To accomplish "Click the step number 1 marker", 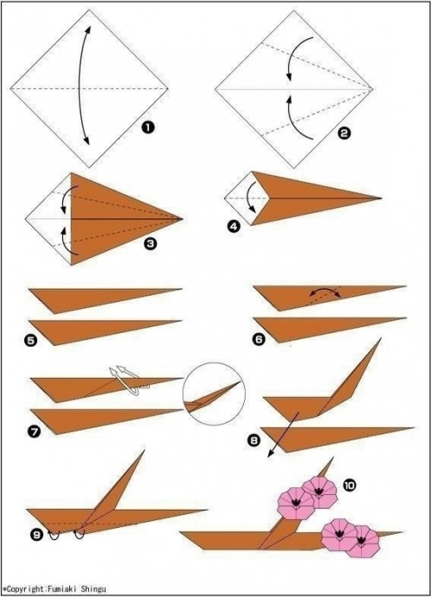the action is pyautogui.click(x=148, y=127).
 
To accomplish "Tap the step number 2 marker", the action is pyautogui.click(x=344, y=133).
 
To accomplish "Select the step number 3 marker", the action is pyautogui.click(x=151, y=243).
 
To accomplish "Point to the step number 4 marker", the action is pyautogui.click(x=234, y=227).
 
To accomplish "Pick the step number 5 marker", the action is pyautogui.click(x=31, y=340).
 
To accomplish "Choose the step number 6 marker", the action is pyautogui.click(x=260, y=339).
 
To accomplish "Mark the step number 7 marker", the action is pyautogui.click(x=34, y=431).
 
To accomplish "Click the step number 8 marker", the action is pyautogui.click(x=254, y=440).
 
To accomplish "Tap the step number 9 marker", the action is pyautogui.click(x=36, y=535).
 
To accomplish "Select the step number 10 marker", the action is pyautogui.click(x=350, y=485).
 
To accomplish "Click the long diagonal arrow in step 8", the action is pyautogui.click(x=282, y=434).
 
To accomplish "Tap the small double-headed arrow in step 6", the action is pyautogui.click(x=325, y=290).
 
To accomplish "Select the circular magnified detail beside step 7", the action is pyautogui.click(x=214, y=394).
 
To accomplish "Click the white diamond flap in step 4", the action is pyautogui.click(x=248, y=198).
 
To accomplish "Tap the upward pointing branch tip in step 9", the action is pyautogui.click(x=145, y=451).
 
